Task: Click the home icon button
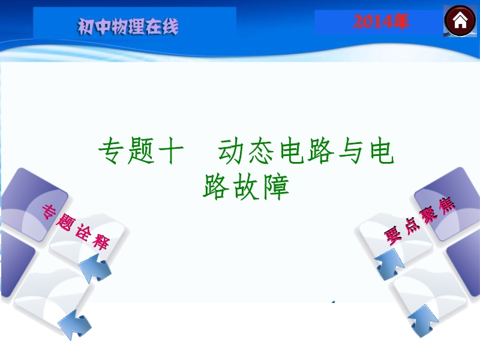coord(460,21)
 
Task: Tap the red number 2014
coord(371,22)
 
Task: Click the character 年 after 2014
coord(400,22)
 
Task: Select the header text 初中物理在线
coord(128,26)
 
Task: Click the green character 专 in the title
coord(111,151)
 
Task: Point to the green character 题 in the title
coord(140,151)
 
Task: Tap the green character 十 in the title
coord(170,151)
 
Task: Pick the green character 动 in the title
coord(231,151)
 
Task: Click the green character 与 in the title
coord(352,151)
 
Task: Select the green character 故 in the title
coord(245,187)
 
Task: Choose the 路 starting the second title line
coord(216,187)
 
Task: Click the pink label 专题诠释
coord(76,227)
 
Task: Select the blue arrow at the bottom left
coord(74,324)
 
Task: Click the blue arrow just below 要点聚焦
coord(389,264)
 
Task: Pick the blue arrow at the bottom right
coord(423,321)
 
